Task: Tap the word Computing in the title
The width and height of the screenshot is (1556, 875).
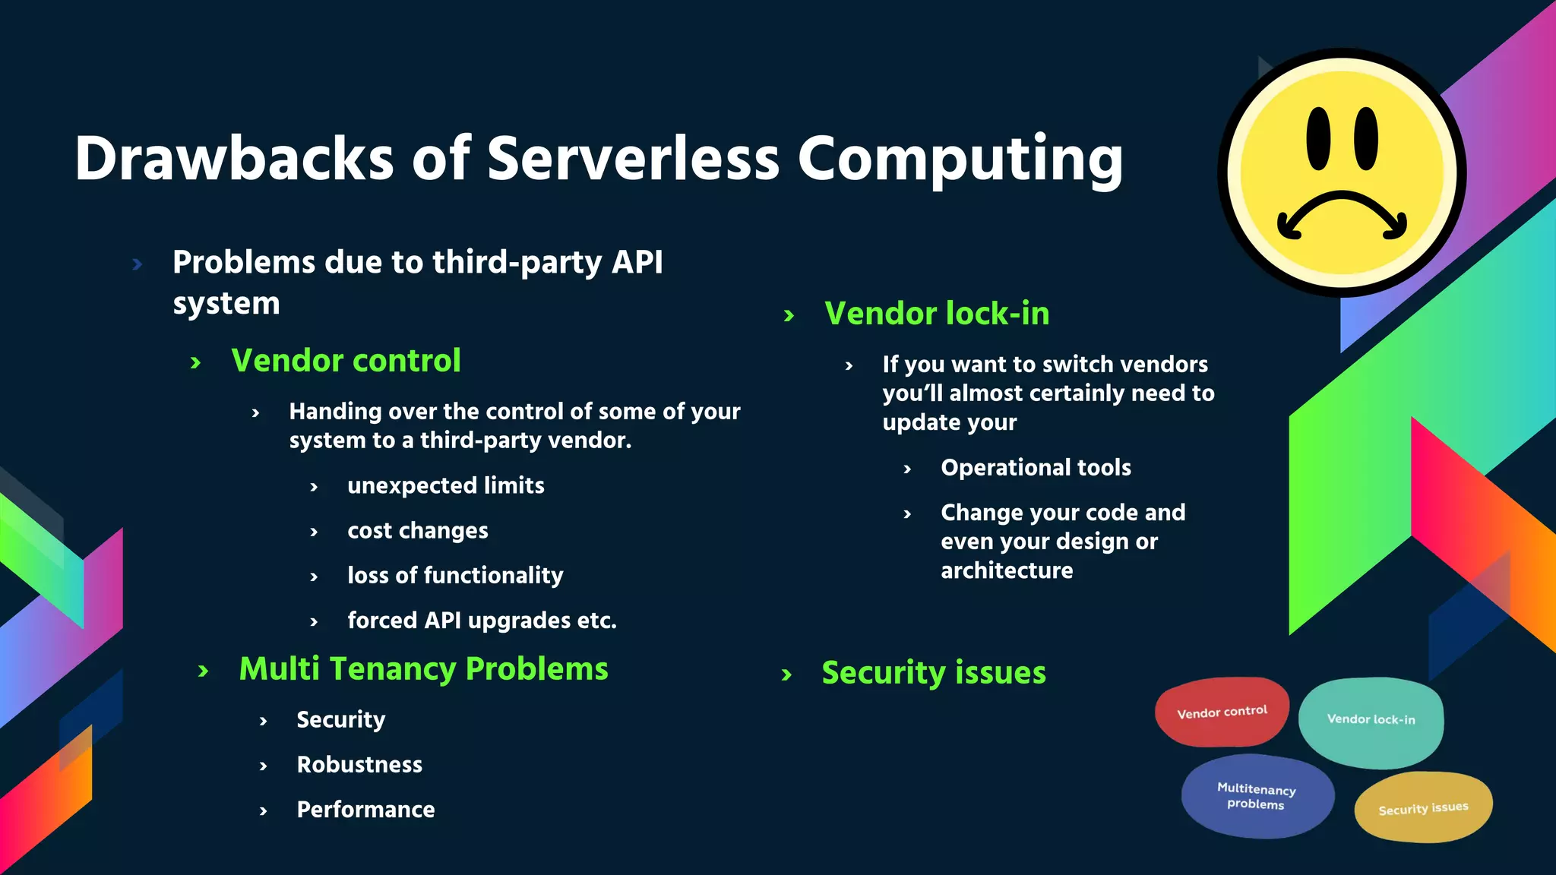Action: tap(960, 160)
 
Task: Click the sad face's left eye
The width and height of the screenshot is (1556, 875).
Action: tap(1318, 138)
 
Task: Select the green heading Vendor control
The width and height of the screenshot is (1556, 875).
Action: tap(346, 361)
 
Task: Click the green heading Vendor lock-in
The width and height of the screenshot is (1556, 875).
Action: tap(937, 314)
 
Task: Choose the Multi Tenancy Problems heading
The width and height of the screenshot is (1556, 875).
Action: tap(423, 669)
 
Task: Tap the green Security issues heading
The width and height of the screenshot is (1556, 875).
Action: tap(934, 673)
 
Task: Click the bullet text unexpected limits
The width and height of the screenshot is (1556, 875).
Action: tap(445, 486)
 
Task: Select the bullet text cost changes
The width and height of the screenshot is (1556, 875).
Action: tap(417, 531)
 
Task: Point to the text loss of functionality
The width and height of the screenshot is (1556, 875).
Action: tap(455, 576)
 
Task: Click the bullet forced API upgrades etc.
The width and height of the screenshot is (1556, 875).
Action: tap(482, 621)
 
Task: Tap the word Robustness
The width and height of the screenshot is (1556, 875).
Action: tap(359, 765)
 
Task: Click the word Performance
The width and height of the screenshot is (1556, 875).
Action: tap(365, 810)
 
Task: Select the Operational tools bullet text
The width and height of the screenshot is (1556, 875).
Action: tap(1036, 468)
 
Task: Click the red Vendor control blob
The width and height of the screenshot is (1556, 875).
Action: tap(1222, 712)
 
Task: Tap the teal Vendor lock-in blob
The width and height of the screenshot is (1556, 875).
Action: tap(1371, 720)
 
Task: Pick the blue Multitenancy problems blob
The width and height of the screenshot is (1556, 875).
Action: tap(1257, 796)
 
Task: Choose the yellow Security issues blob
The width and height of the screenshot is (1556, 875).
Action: tap(1423, 807)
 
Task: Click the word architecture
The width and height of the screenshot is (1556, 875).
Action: tap(1007, 570)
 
